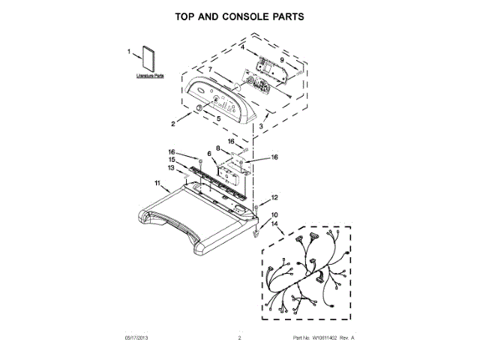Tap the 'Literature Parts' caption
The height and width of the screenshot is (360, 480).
tap(150, 76)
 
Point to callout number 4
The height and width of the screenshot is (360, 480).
tap(243, 48)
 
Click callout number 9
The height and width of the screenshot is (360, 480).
tap(282, 60)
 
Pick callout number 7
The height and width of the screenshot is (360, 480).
tap(210, 70)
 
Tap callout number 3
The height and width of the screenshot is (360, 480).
tap(261, 127)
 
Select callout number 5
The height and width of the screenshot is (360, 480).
tap(218, 117)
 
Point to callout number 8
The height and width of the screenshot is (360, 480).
tap(218, 148)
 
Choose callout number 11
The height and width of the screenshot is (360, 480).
tap(158, 182)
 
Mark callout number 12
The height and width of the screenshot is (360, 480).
tap(274, 198)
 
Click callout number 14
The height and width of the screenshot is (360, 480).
tap(274, 224)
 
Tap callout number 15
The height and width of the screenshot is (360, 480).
tap(171, 160)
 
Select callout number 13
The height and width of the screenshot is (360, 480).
tap(171, 169)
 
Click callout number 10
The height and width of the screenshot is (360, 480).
tap(274, 215)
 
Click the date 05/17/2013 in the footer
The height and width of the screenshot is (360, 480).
tap(138, 339)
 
